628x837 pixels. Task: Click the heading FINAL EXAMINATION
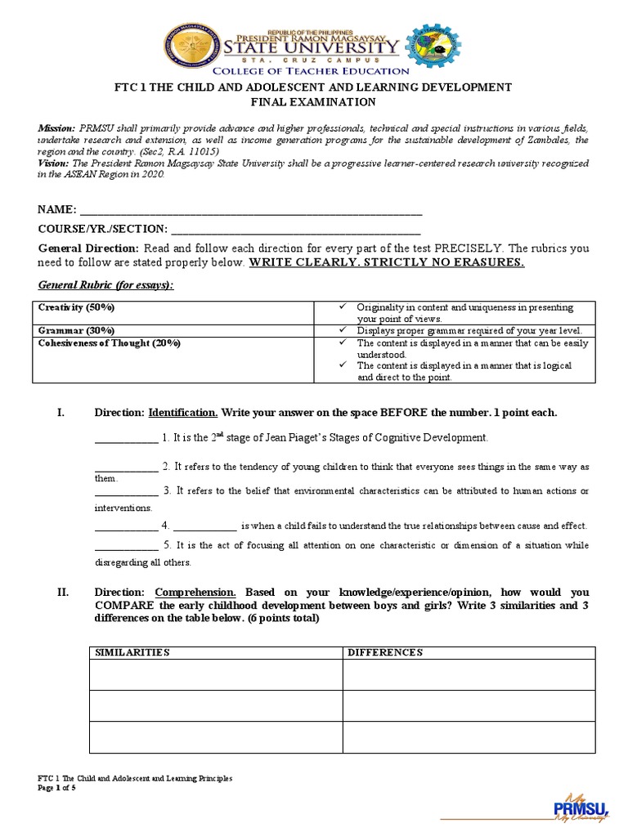(313, 102)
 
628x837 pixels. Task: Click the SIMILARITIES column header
(132, 652)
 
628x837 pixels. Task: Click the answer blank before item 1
(126, 438)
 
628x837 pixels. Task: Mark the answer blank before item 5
(126, 545)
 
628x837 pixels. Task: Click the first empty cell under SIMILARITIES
(215, 674)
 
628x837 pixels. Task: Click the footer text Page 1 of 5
(57, 787)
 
